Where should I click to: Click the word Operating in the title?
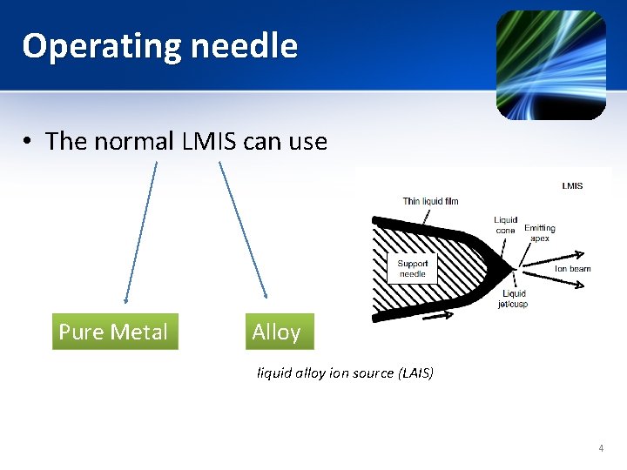(x=95, y=46)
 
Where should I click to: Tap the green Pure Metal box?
(x=114, y=332)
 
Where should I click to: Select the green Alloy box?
(x=278, y=332)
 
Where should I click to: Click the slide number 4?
(x=601, y=448)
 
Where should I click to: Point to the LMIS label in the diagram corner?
(x=572, y=185)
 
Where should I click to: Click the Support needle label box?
(x=413, y=269)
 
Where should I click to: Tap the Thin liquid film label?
(x=430, y=202)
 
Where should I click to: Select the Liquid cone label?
(x=505, y=225)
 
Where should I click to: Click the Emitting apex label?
(x=539, y=233)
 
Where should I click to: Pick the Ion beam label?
(x=572, y=269)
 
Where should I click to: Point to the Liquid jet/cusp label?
(x=513, y=299)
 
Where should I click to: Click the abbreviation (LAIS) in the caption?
(x=415, y=373)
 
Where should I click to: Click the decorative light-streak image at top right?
(x=550, y=64)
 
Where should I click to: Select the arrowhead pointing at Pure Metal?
(x=126, y=299)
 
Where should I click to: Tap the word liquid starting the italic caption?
(x=273, y=373)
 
